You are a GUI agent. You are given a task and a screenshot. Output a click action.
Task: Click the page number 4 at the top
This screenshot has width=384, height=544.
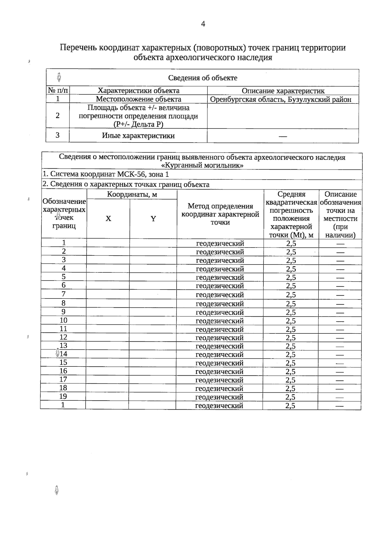coord(203,24)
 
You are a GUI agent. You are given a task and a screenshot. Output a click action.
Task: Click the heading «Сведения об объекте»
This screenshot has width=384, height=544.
coord(203,78)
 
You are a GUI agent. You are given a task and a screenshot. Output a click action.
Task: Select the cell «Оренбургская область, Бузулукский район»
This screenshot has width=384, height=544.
coord(280,99)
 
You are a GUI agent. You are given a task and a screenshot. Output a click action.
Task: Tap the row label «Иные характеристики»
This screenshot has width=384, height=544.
coord(138,136)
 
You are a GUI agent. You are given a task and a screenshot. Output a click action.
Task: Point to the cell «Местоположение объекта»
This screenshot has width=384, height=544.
coord(138,99)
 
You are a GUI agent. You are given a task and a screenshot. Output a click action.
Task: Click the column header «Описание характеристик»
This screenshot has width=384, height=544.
coord(283,91)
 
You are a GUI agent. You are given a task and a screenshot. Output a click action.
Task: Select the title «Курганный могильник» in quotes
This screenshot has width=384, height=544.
coord(202,165)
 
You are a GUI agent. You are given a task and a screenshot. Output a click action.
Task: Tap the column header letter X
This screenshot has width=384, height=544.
coord(108,219)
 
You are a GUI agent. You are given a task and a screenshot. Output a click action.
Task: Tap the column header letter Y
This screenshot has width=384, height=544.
coord(153,219)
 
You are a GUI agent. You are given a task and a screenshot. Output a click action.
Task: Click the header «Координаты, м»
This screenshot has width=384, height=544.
coord(132,194)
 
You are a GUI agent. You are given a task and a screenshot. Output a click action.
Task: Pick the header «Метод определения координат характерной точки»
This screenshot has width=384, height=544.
coord(220,214)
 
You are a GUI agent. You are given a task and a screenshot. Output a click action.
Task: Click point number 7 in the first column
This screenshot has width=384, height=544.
coord(64,294)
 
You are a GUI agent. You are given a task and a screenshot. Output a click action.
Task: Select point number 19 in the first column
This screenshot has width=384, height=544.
coord(63,397)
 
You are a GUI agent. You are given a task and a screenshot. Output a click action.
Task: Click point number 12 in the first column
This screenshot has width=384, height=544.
coord(63,337)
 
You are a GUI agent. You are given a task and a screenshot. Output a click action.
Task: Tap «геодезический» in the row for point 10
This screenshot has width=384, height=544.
coord(220,321)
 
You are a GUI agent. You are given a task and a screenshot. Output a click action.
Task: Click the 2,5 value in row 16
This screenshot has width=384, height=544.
coord(291,372)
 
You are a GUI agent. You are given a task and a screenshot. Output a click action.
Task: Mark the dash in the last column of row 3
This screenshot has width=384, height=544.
coord(340,261)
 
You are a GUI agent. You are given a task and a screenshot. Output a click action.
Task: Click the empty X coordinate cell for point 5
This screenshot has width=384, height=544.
coord(108,277)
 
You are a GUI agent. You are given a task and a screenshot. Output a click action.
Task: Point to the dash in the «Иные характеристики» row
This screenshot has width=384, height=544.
coord(283,136)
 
